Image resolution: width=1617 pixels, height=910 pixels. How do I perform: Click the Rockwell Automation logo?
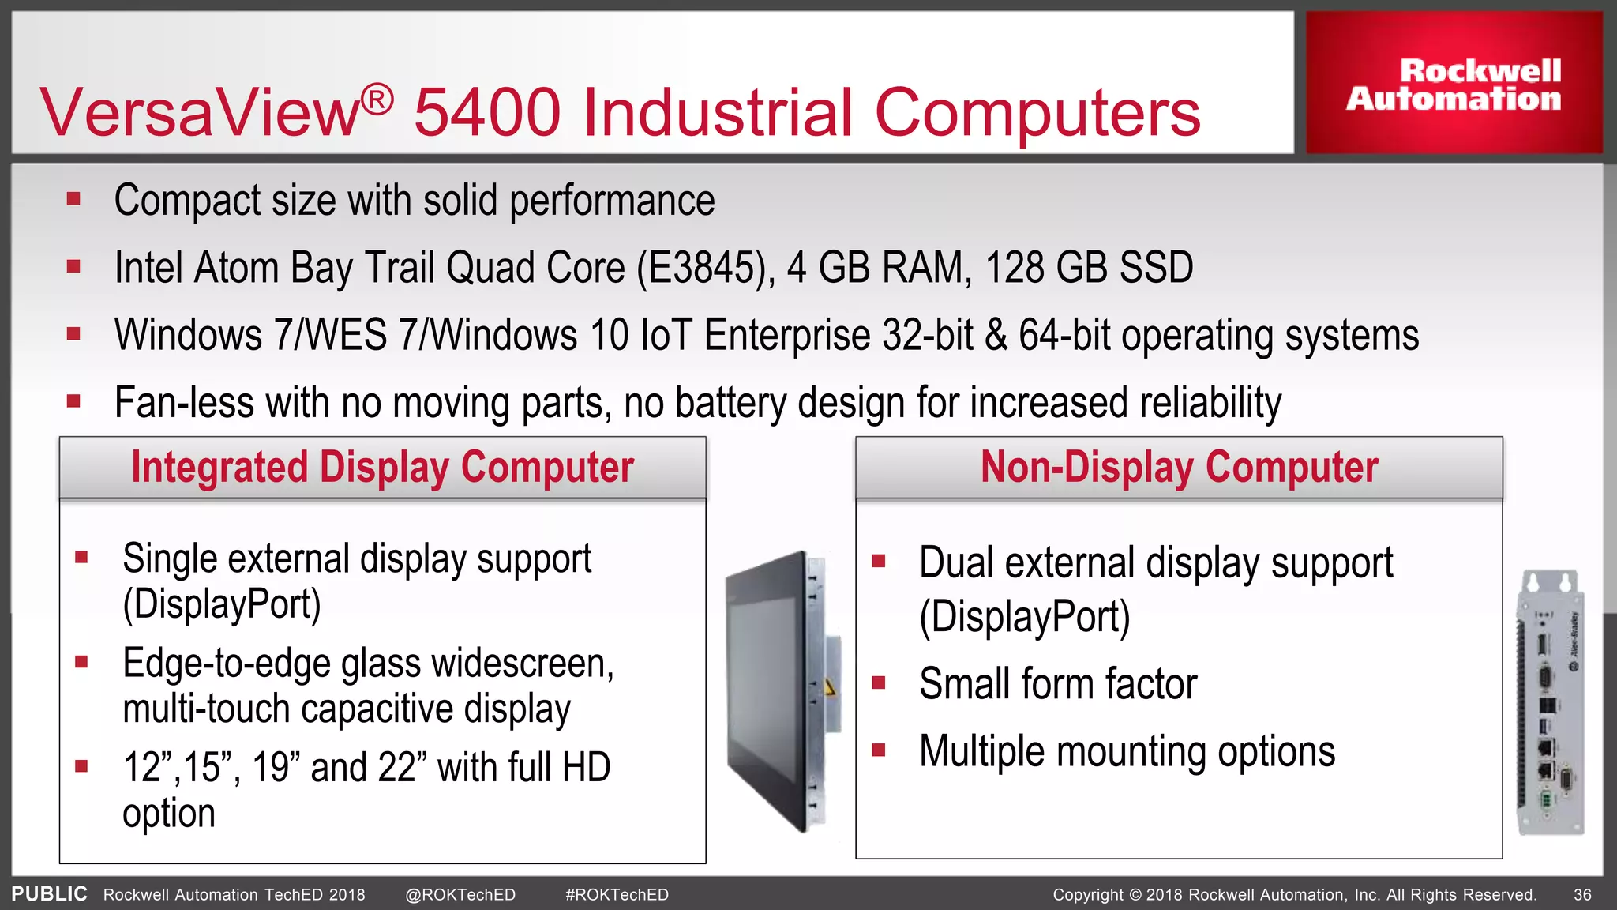(x=1454, y=84)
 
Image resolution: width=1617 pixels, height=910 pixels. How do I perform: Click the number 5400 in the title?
(x=486, y=112)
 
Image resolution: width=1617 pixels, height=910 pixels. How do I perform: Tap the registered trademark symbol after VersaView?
(x=377, y=100)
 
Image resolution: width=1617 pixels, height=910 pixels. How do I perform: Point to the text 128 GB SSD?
(x=1089, y=268)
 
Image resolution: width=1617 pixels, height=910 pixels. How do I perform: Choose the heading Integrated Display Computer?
(x=382, y=467)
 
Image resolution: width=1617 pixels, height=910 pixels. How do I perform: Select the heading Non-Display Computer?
(x=1179, y=467)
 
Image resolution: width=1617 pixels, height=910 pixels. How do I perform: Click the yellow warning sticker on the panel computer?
(x=829, y=687)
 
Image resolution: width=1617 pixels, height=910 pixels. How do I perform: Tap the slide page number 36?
(x=1582, y=895)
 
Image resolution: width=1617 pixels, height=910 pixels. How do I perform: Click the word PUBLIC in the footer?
(x=49, y=894)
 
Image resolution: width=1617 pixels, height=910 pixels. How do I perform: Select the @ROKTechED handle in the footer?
(x=460, y=895)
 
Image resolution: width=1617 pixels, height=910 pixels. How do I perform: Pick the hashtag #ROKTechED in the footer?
(x=617, y=895)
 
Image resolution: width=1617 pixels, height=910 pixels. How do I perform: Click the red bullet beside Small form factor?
(x=879, y=682)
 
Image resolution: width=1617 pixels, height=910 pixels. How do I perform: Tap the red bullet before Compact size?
(x=74, y=199)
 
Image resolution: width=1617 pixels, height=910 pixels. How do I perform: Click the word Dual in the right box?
(x=956, y=563)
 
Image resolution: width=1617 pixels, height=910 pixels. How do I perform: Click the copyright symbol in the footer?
(x=1135, y=895)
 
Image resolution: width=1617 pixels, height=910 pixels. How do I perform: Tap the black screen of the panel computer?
(x=766, y=695)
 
